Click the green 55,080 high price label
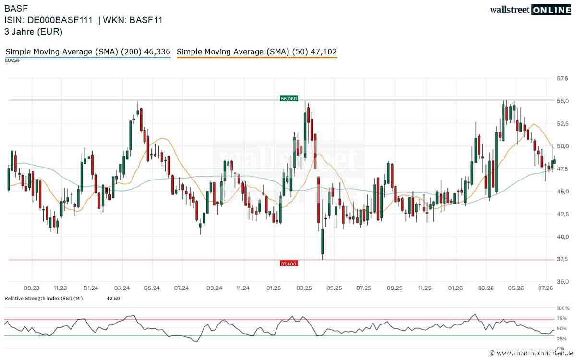[x=289, y=98]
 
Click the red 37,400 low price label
[x=289, y=264]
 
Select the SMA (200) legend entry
[x=88, y=52]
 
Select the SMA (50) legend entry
[x=257, y=52]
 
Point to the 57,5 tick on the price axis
[x=563, y=78]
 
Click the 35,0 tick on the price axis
[x=563, y=282]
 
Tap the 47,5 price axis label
[x=563, y=168]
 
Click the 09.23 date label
[x=32, y=288]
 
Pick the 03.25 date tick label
[x=304, y=288]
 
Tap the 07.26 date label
[x=545, y=288]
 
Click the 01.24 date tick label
[x=91, y=288]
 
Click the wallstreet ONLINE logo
[x=530, y=10]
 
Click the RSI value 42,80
[x=113, y=298]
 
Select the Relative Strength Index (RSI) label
[x=44, y=298]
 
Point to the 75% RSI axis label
[x=562, y=318]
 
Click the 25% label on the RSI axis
[x=562, y=339]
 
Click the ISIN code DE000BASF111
[x=60, y=20]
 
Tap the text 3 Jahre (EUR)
[x=34, y=32]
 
